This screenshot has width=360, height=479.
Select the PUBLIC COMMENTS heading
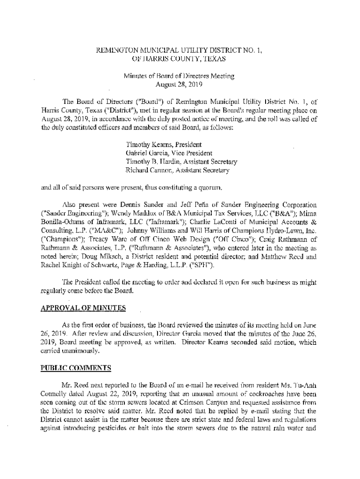coord(76,368)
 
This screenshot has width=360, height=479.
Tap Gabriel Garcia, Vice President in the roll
coord(169,153)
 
